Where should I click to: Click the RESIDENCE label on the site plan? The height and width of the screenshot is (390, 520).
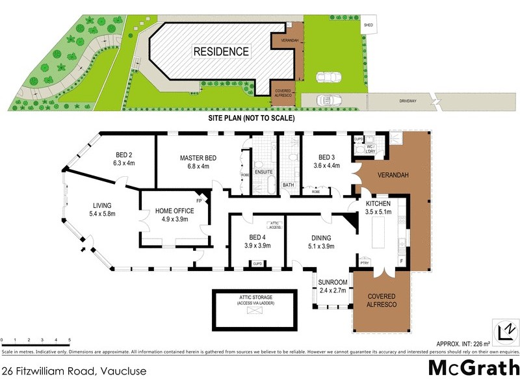(x=220, y=51)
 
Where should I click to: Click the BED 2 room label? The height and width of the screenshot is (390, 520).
(x=124, y=155)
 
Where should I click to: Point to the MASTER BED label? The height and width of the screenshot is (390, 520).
(x=198, y=159)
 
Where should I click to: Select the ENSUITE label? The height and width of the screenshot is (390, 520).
(x=263, y=172)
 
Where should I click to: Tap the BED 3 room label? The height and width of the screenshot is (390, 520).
(x=328, y=157)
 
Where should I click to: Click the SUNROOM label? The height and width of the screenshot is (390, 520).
(x=333, y=282)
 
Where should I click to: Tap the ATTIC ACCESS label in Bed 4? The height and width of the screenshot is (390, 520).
(x=274, y=225)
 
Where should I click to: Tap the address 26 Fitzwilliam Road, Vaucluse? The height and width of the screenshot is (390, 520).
(x=73, y=372)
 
